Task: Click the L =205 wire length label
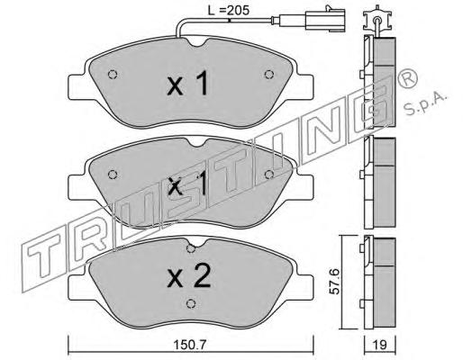(229, 10)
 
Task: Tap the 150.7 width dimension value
(191, 345)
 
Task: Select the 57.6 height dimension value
(334, 282)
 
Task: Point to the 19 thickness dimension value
(380, 345)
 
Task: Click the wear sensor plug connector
(325, 20)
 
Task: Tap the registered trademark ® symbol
(407, 78)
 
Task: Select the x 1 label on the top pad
(187, 84)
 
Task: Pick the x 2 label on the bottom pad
(189, 276)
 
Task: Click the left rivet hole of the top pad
(113, 75)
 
